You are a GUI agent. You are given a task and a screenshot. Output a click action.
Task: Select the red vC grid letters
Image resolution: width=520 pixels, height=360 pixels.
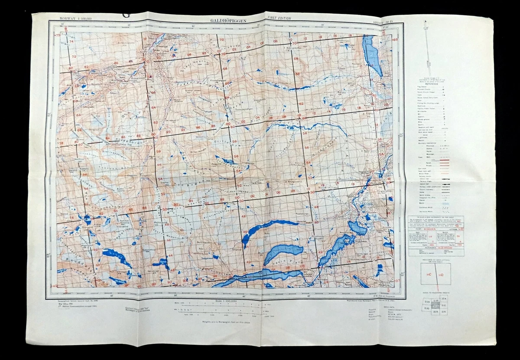tap(429, 275)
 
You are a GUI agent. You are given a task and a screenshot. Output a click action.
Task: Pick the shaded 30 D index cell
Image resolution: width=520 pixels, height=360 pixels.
tap(436, 306)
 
